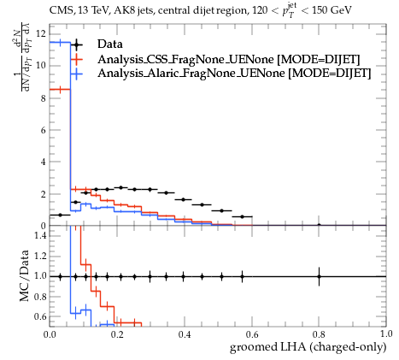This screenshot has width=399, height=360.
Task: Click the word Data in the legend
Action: coord(110,44)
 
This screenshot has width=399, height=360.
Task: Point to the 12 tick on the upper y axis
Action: coord(41,34)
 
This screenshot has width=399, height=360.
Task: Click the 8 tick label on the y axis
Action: coord(44,98)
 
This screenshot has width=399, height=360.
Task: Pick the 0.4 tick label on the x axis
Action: coord(185,334)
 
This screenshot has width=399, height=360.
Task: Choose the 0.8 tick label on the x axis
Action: coord(319,334)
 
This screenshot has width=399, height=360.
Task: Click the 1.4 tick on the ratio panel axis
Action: coord(40,235)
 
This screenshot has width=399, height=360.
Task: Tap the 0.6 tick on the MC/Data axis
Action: coord(40,316)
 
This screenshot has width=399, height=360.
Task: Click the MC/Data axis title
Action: coord(25,275)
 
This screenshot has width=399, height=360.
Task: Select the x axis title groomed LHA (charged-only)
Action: coord(308,347)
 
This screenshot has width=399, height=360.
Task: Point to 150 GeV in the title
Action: coord(332,10)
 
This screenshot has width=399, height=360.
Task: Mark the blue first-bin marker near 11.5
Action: coord(60,43)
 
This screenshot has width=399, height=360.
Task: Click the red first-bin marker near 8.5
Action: coord(60,90)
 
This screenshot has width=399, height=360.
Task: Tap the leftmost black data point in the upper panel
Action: coord(60,215)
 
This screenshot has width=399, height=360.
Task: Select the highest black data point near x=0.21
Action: coord(120,187)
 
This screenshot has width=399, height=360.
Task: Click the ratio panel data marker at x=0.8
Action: coord(319,276)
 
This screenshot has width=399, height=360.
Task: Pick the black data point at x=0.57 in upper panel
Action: coord(242,216)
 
